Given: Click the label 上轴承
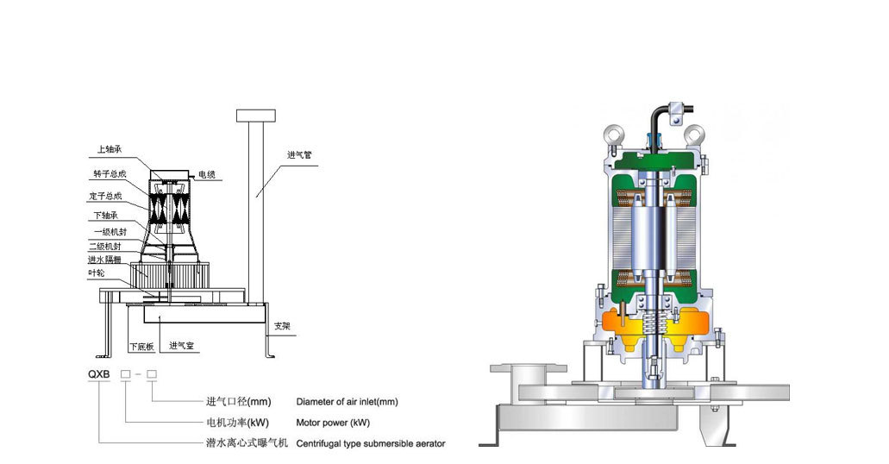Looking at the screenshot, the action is pyautogui.click(x=110, y=149).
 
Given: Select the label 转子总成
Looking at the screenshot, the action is pyautogui.click(x=110, y=173).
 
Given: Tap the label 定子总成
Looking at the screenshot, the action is pyautogui.click(x=105, y=196).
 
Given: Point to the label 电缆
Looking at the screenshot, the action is pyautogui.click(x=206, y=175).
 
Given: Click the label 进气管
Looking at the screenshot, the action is pyautogui.click(x=299, y=154).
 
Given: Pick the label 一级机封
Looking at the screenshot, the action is pyautogui.click(x=110, y=231).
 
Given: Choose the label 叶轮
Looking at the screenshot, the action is pyautogui.click(x=97, y=273).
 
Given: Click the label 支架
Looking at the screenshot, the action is pyautogui.click(x=282, y=326).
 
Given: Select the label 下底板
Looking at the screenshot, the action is pyautogui.click(x=141, y=346).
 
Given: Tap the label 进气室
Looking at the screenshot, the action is pyautogui.click(x=182, y=345).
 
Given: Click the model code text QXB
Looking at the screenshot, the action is pyautogui.click(x=99, y=374).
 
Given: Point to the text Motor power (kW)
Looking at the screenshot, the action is pyautogui.click(x=333, y=423).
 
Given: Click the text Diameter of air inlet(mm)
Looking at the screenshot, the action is pyautogui.click(x=347, y=402).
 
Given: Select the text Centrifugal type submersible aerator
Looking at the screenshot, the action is pyautogui.click(x=371, y=443).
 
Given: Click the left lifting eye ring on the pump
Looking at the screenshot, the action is pyautogui.click(x=614, y=135).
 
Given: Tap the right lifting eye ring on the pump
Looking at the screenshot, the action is pyautogui.click(x=693, y=135).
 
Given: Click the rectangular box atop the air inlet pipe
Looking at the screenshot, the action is pyautogui.click(x=256, y=116).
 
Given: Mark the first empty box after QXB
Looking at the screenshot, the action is pyautogui.click(x=126, y=374).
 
